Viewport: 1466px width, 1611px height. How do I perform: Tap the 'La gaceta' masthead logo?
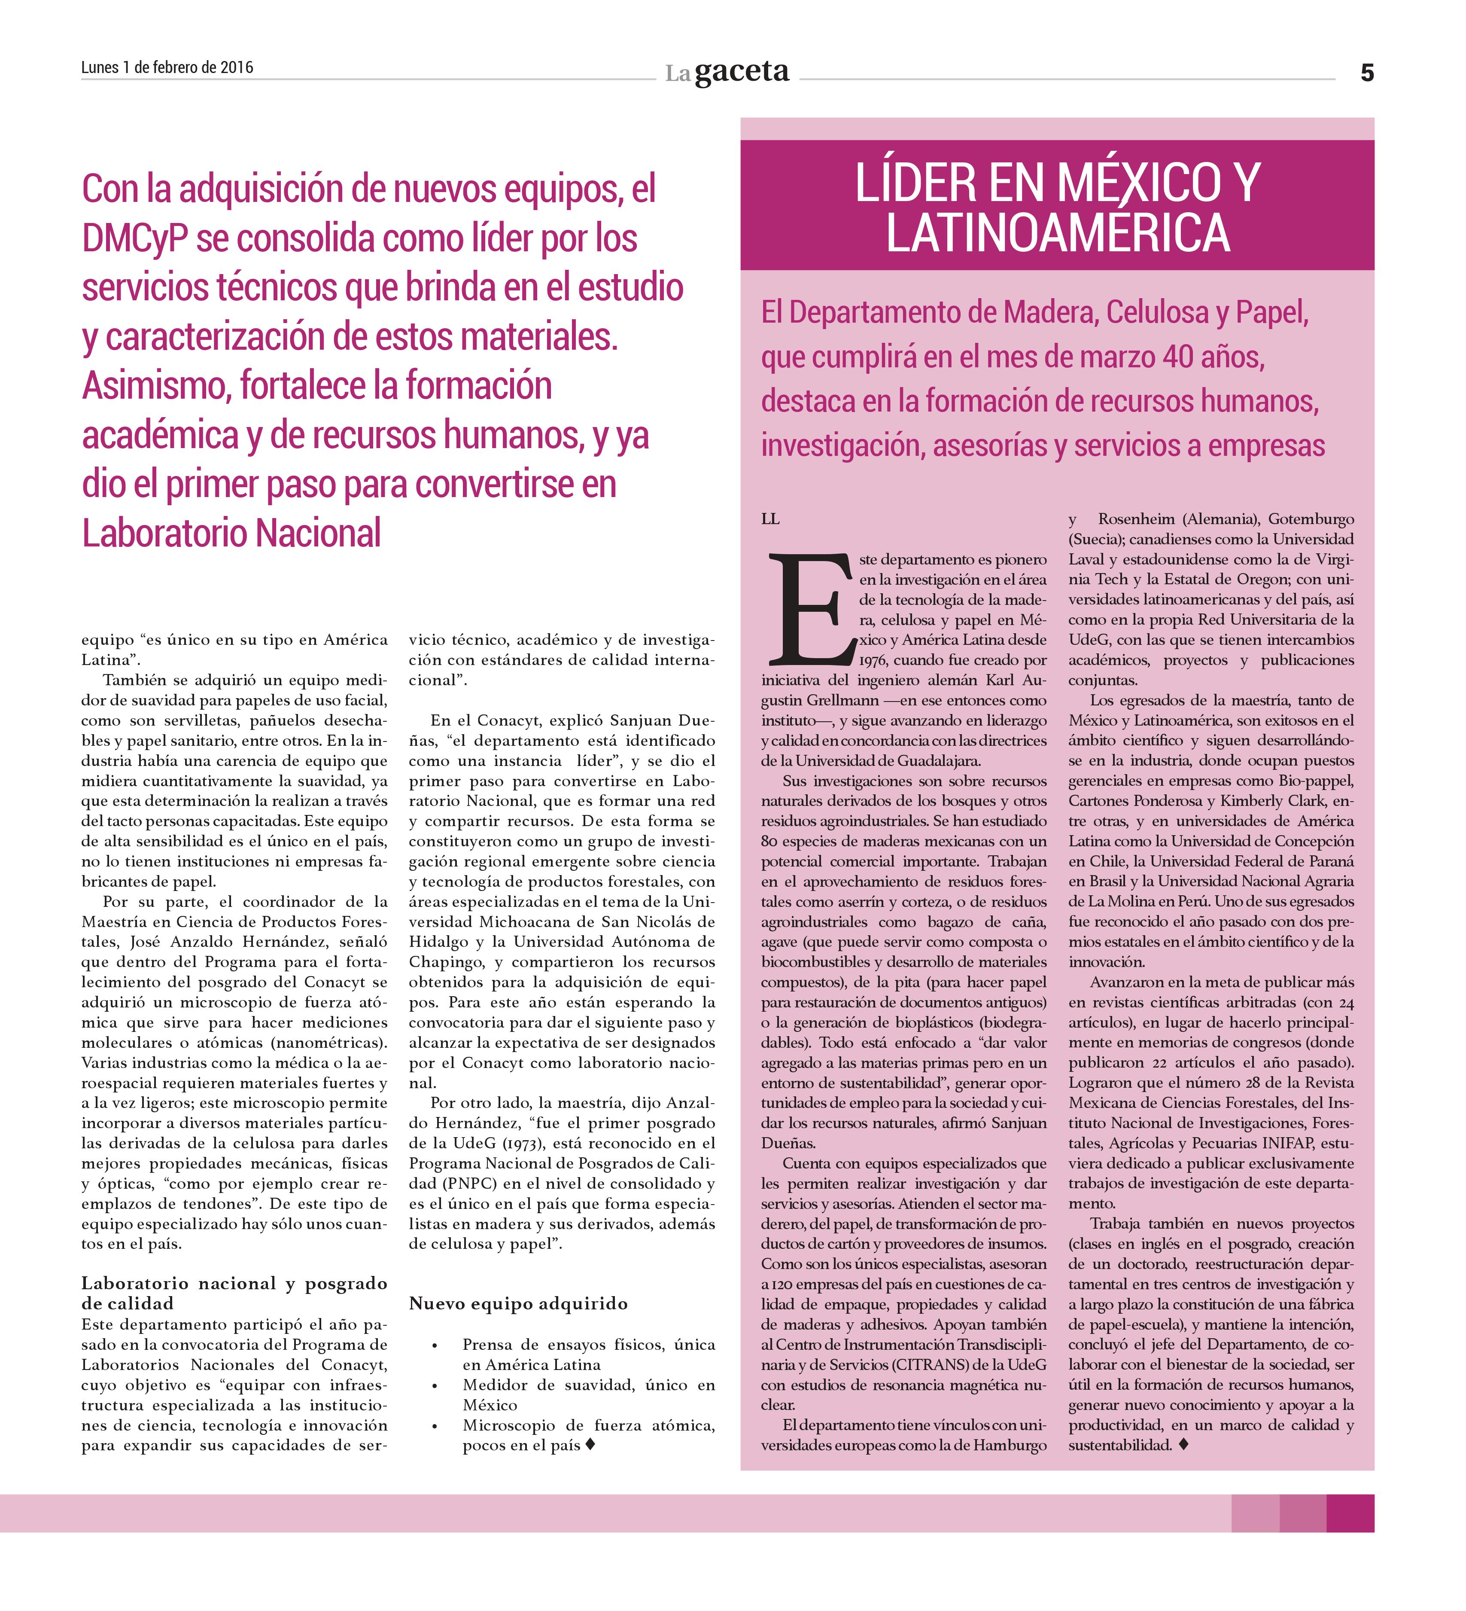pos(727,73)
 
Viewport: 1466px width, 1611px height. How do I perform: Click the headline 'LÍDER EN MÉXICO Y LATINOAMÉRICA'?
pos(1056,206)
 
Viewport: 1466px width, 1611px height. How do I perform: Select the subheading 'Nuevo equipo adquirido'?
pos(518,1303)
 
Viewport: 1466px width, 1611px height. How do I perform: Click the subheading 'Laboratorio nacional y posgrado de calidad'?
pos(234,1293)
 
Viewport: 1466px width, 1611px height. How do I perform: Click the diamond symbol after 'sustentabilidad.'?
pos(1183,1445)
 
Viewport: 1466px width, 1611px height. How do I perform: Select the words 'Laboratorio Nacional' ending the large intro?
pos(232,533)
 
